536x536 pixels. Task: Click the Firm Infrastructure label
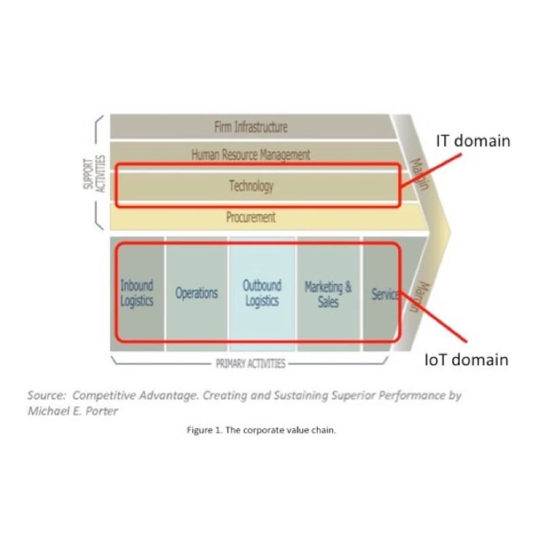[x=250, y=127]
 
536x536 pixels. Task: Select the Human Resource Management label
[x=250, y=155]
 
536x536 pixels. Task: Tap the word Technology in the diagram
[x=250, y=186]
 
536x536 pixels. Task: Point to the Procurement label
[x=250, y=218]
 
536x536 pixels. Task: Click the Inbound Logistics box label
[x=137, y=293]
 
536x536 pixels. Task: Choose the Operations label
[x=197, y=293]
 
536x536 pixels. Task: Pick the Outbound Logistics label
[x=262, y=293]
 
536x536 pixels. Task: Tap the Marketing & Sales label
[x=328, y=293]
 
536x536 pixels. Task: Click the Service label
[x=384, y=295]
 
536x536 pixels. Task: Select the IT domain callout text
[x=473, y=141]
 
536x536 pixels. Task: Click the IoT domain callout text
[x=466, y=360]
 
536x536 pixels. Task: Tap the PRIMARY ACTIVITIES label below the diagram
[x=250, y=364]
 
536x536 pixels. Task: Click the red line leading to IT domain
[x=429, y=169]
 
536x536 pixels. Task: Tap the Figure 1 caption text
[x=261, y=430]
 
